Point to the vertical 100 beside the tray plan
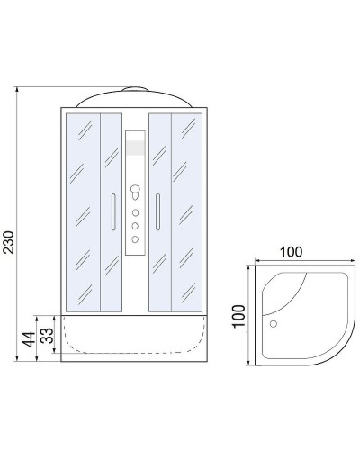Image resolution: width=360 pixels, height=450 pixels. click(x=238, y=316)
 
